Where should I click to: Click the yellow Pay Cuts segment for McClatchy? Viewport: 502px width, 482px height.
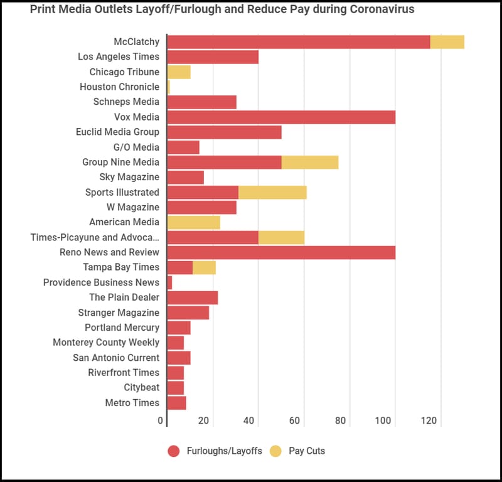[447, 42]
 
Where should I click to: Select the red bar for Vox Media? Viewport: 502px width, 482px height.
[281, 117]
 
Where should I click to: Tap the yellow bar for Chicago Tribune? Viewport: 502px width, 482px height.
[179, 72]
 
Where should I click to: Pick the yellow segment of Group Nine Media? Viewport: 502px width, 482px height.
[310, 163]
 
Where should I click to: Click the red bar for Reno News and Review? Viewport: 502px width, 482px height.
[281, 252]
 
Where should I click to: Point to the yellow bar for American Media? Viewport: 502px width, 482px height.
[194, 222]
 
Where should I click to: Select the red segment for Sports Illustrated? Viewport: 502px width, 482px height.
[203, 193]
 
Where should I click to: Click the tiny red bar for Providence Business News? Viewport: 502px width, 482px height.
[169, 283]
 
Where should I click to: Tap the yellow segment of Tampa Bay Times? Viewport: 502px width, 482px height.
[204, 268]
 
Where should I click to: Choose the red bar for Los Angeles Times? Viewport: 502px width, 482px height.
[213, 57]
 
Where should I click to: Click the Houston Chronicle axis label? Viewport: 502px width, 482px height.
[119, 87]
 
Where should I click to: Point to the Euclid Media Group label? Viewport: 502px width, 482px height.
[117, 132]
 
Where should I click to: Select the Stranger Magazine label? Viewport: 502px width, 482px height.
[119, 313]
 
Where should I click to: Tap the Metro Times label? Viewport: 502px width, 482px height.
[132, 403]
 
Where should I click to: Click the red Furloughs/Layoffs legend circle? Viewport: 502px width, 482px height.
[174, 451]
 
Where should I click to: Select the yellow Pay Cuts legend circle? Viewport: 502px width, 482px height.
[275, 451]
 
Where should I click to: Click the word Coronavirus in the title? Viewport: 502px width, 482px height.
[379, 10]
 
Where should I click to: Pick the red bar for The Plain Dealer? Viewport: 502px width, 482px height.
[193, 297]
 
